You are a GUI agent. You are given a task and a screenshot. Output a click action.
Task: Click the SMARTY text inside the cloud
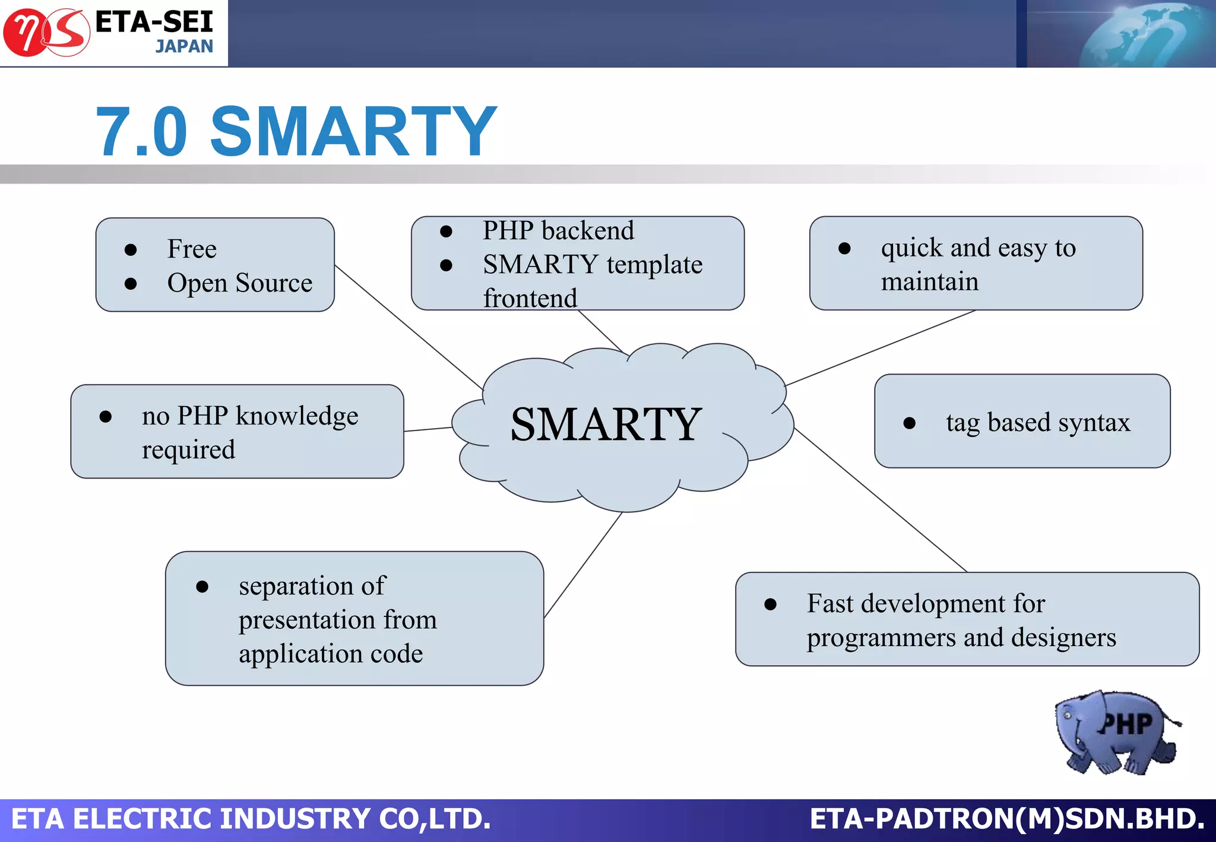point(606,425)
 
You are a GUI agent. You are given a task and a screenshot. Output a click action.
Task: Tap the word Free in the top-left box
point(192,249)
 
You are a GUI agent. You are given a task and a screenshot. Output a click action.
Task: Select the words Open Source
point(239,283)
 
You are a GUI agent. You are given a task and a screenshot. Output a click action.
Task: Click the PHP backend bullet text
point(558,230)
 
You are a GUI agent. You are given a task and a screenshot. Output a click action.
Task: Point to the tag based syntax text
point(1037,423)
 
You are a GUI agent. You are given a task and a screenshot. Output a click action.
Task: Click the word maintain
point(929,281)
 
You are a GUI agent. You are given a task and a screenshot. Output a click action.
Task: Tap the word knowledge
point(297,416)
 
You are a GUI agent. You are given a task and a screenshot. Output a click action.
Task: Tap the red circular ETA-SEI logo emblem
point(46,33)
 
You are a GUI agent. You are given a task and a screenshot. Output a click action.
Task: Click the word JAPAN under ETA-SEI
point(184,46)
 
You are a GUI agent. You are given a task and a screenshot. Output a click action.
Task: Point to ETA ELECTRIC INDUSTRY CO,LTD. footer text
point(251,819)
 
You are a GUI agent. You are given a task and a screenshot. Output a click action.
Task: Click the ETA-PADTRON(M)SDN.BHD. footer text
point(1007,819)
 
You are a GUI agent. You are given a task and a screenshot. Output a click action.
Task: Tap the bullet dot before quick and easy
point(844,248)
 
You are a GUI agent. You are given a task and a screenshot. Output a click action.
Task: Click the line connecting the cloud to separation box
point(583,565)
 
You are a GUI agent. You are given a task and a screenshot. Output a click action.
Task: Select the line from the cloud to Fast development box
point(881,500)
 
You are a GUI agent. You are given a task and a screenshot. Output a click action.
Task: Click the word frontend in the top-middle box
point(530,298)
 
